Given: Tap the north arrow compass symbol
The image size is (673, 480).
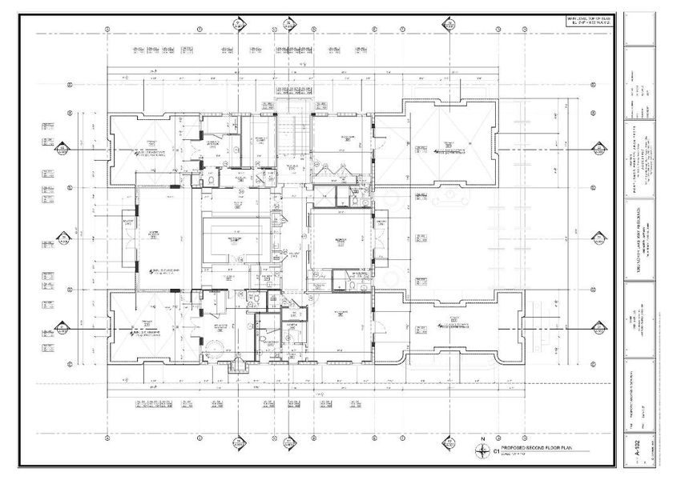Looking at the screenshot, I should (482, 452).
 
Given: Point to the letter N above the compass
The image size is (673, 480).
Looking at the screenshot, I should (482, 440).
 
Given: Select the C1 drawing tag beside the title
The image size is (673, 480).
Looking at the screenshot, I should (498, 451).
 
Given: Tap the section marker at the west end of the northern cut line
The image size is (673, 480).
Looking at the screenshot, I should (60, 149).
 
